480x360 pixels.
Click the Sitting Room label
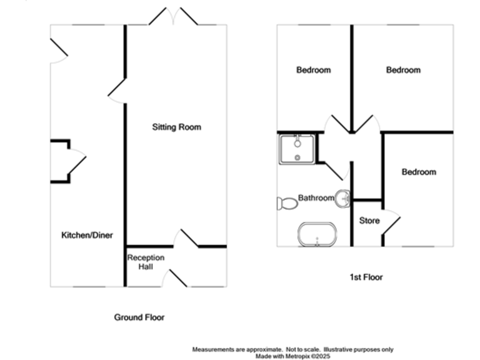pyautogui.click(x=177, y=127)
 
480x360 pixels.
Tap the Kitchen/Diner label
pyautogui.click(x=86, y=236)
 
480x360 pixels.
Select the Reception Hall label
pyautogui.click(x=146, y=262)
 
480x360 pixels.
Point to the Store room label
pyautogui.click(x=369, y=221)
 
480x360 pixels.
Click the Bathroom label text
pyautogui.click(x=316, y=198)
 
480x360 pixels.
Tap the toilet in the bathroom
pyautogui.click(x=287, y=202)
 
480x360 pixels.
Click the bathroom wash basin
pyautogui.click(x=343, y=199)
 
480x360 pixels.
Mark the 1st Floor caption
pyautogui.click(x=367, y=277)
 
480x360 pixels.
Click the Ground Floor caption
pyautogui.click(x=139, y=317)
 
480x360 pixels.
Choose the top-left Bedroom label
pyautogui.click(x=313, y=70)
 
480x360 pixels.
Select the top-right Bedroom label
pyautogui.click(x=403, y=70)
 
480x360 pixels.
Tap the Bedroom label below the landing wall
pyautogui.click(x=418, y=172)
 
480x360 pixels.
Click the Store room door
pyautogui.click(x=390, y=222)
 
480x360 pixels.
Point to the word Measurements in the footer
pyautogui.click(x=216, y=349)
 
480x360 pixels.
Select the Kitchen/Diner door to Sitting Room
pyautogui.click(x=117, y=92)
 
